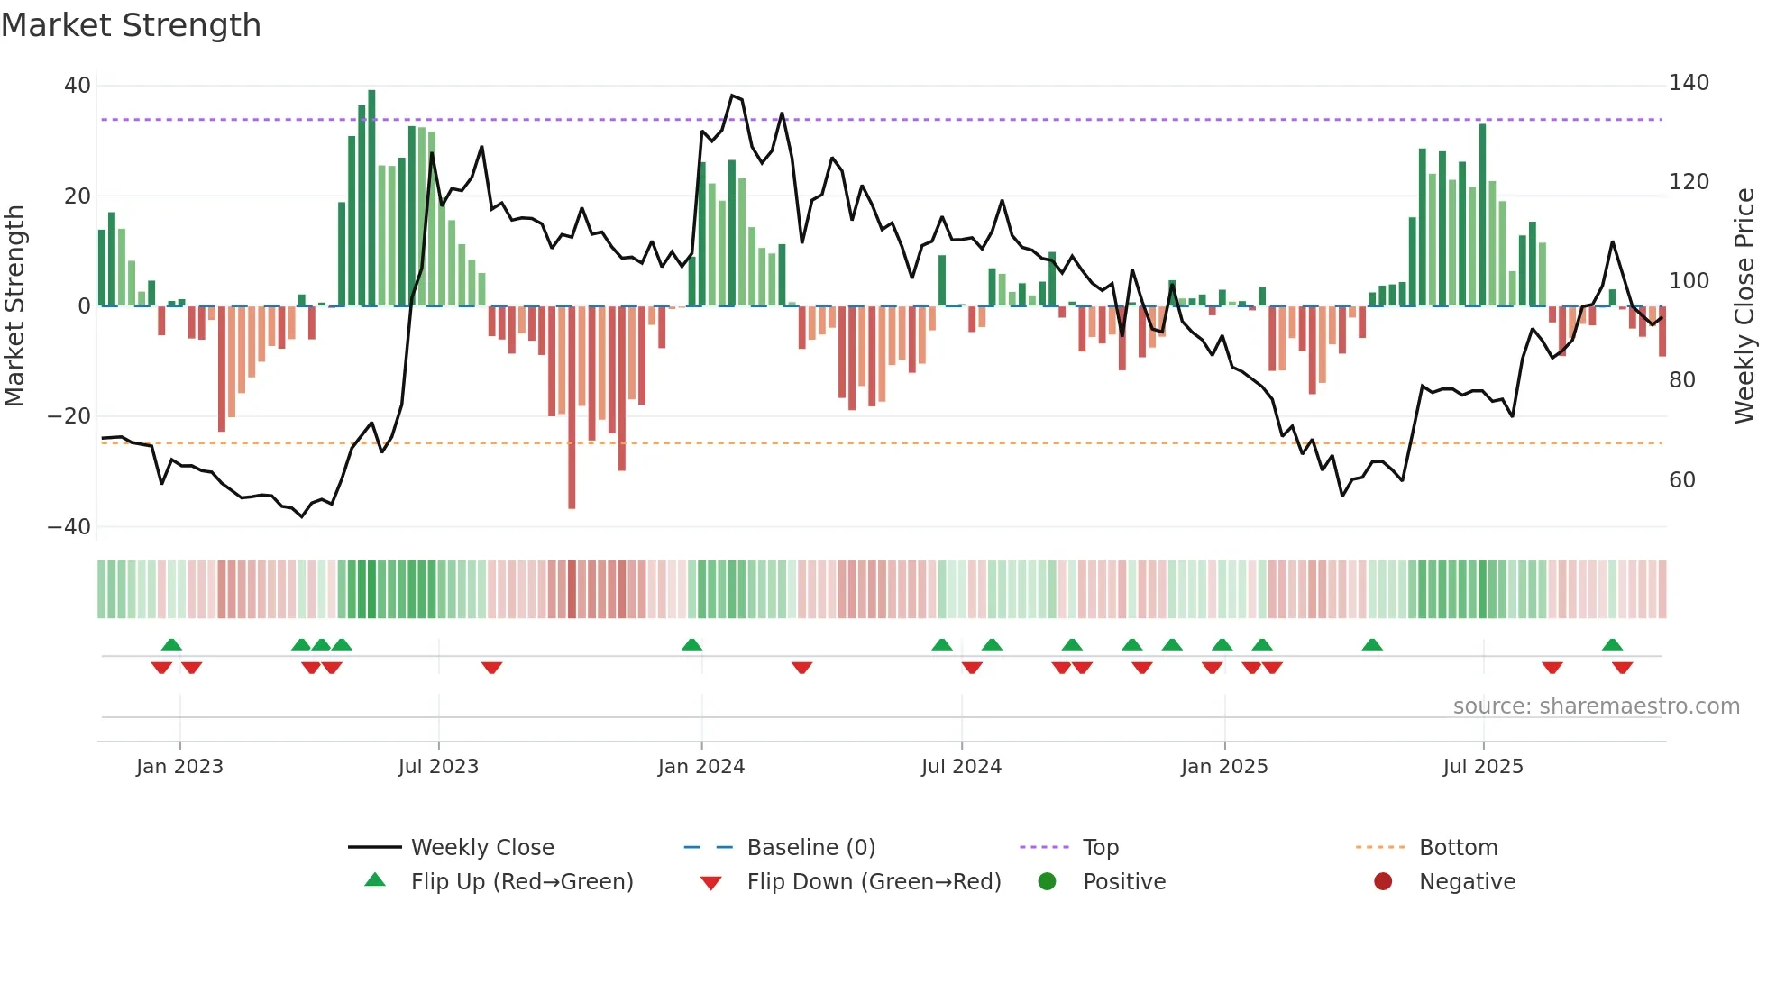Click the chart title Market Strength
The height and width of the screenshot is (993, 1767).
point(131,25)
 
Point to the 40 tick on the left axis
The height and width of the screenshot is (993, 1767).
point(78,86)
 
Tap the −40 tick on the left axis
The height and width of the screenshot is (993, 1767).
point(69,527)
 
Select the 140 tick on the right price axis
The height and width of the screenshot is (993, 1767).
point(1689,83)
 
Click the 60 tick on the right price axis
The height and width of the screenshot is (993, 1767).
point(1682,480)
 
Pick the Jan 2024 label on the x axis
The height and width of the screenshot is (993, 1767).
point(701,767)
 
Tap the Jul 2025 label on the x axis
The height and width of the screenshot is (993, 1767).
point(1483,767)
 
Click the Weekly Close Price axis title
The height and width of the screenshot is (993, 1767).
point(1744,306)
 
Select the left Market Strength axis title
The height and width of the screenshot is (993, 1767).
point(15,306)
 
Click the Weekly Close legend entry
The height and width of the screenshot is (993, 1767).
point(482,848)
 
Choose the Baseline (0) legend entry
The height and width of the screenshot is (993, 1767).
point(811,848)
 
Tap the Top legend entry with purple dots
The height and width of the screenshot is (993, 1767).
point(1101,848)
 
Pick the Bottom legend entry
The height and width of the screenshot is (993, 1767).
point(1458,848)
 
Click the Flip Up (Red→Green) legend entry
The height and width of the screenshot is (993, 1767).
point(522,882)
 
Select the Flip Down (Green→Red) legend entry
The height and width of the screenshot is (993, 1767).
point(874,882)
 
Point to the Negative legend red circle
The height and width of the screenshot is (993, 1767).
point(1383,882)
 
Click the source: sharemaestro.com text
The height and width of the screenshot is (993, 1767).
point(1596,706)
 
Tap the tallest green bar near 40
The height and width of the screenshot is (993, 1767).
point(371,198)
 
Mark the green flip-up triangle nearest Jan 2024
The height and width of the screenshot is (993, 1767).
point(691,645)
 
